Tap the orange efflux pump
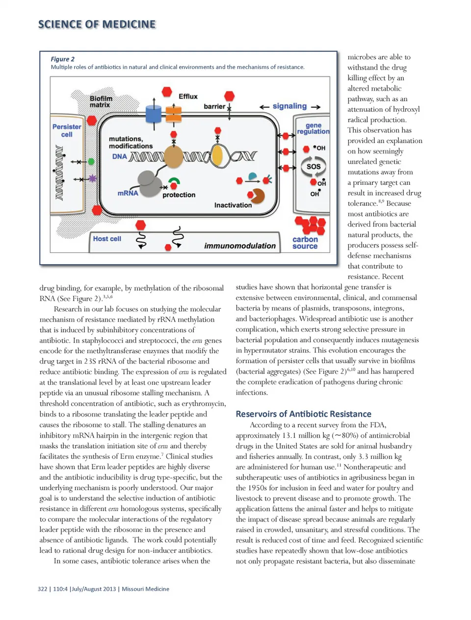(173, 114)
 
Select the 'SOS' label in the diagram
(314, 166)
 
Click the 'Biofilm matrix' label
(101, 101)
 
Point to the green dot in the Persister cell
(91, 161)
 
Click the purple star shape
(92, 178)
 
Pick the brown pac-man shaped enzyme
(257, 196)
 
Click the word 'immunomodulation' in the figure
(240, 246)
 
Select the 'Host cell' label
(107, 239)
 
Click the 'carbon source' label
(305, 243)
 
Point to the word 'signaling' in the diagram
(289, 106)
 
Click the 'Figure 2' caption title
(63, 59)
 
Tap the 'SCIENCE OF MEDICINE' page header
(97, 24)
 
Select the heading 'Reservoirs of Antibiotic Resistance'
(303, 414)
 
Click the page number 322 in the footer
(43, 589)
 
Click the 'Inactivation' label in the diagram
(233, 205)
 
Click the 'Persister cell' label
(67, 130)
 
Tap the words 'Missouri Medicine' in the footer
(145, 589)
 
